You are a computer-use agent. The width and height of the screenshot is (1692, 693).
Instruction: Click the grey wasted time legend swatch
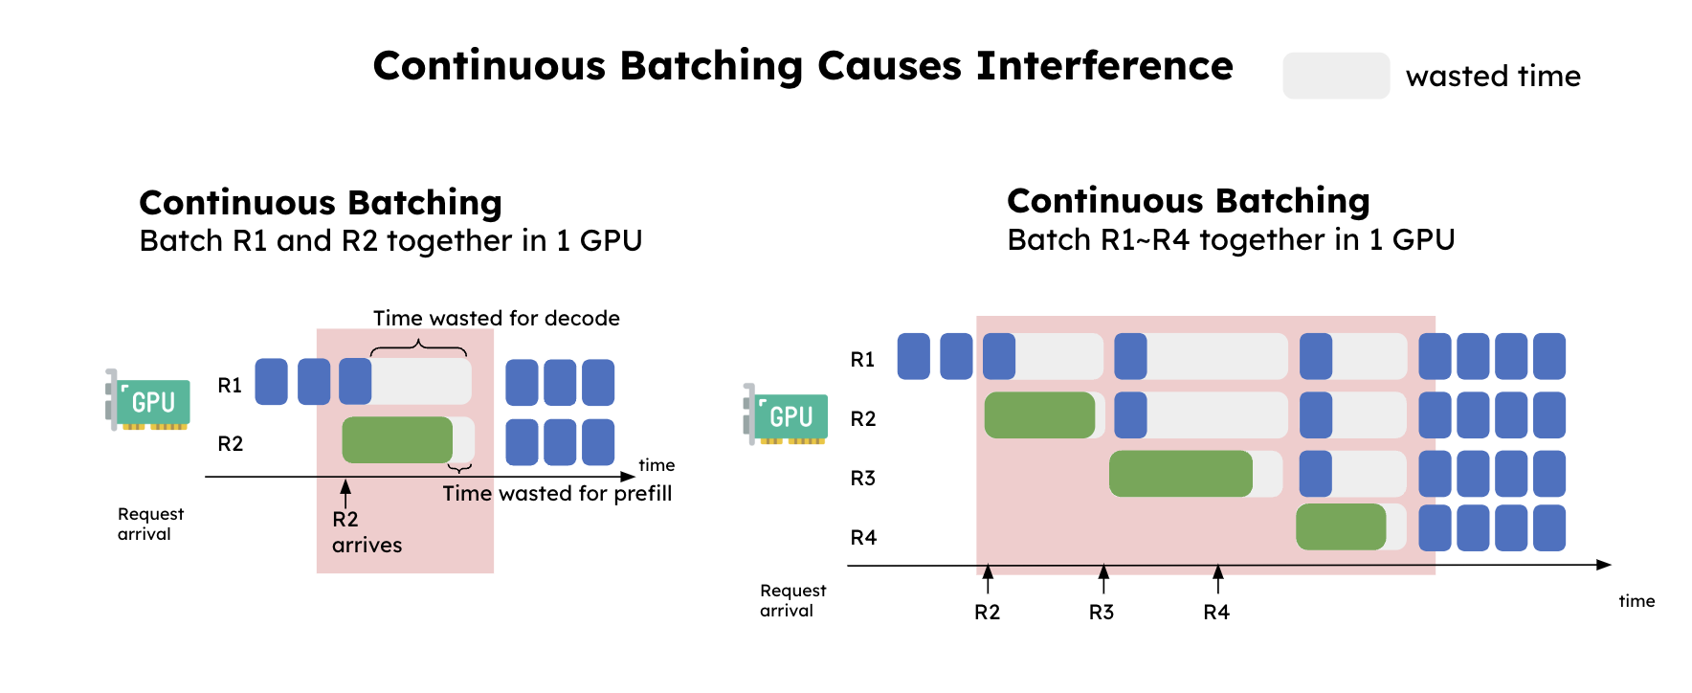[x=1335, y=76]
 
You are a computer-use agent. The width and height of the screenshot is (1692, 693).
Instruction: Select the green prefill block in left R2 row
[x=397, y=439]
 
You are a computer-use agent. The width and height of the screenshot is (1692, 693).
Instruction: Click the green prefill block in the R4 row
[x=1340, y=526]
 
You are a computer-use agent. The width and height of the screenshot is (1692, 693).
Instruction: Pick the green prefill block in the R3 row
[x=1180, y=473]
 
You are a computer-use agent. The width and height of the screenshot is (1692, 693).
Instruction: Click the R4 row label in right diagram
[x=863, y=537]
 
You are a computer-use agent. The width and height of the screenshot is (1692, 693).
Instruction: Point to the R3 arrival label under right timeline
[x=1102, y=612]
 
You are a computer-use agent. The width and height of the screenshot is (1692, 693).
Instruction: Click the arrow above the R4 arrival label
[x=1217, y=577]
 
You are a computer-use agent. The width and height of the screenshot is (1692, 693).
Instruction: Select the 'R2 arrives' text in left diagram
[x=366, y=532]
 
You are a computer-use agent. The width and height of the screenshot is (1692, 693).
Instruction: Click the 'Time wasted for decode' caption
[x=496, y=318]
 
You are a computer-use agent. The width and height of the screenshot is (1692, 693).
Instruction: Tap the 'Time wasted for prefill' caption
[x=557, y=493]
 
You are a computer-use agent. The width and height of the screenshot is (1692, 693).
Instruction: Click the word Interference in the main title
[x=1103, y=66]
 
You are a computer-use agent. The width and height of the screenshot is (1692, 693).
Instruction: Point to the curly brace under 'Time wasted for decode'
[x=418, y=347]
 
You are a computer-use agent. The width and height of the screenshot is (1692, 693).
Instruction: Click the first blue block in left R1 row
[x=271, y=381]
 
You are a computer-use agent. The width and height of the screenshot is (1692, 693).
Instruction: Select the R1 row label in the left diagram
[x=230, y=385]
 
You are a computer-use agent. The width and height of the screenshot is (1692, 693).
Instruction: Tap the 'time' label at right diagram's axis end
[x=1636, y=601]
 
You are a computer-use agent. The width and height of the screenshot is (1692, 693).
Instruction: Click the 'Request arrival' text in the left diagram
[x=149, y=524]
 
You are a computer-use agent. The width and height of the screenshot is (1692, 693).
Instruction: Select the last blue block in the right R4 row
[x=1548, y=527]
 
